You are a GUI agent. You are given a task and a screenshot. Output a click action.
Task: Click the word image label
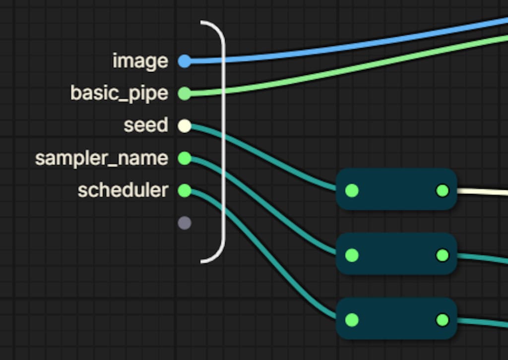140,61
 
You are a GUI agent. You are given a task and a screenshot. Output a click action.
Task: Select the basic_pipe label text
119,93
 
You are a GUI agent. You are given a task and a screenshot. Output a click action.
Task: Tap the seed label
146,125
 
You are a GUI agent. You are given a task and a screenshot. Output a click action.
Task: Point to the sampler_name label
102,158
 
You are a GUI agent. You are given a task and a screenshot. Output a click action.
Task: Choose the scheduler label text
123,190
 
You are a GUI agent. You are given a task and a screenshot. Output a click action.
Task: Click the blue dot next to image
185,61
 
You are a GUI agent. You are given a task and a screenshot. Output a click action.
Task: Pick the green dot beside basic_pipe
185,94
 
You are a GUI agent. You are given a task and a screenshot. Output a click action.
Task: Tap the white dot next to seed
185,125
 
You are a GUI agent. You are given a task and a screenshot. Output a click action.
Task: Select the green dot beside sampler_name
185,158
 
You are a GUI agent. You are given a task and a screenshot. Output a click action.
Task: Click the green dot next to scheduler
185,190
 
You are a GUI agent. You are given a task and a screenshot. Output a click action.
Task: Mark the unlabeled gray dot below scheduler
185,223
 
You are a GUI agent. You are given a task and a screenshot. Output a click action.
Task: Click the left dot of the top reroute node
352,191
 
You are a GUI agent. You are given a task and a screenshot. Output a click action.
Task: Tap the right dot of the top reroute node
443,191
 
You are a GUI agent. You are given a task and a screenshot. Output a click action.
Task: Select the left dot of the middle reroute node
352,255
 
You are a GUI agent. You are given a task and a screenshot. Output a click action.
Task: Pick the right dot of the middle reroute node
443,255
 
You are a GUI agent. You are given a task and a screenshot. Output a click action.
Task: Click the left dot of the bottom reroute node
352,320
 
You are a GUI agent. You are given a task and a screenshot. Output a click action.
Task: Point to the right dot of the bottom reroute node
443,320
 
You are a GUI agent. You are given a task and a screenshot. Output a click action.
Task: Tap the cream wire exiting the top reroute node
483,192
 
